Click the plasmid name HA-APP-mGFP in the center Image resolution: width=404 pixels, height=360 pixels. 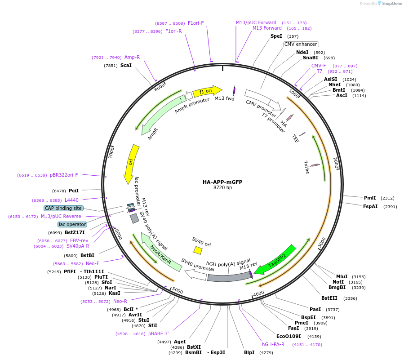(x=222, y=182)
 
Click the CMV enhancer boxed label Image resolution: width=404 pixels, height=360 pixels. (x=301, y=44)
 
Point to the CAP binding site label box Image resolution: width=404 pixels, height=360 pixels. (x=63, y=208)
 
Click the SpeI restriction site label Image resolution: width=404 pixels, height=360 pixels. (x=276, y=36)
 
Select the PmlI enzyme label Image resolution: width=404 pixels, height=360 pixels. (x=370, y=198)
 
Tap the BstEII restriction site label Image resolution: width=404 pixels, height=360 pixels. (x=329, y=298)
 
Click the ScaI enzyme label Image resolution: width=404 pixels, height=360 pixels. (x=126, y=65)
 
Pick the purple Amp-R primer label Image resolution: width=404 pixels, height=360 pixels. (x=132, y=58)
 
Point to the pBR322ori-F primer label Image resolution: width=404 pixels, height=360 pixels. (x=64, y=175)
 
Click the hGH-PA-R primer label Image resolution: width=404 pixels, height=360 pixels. (x=273, y=344)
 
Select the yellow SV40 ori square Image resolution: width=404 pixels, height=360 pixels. (x=198, y=250)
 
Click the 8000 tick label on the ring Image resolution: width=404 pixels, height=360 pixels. (x=160, y=88)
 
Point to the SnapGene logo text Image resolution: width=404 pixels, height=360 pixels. (x=389, y=4)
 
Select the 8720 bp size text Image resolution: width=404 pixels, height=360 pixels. (x=222, y=188)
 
